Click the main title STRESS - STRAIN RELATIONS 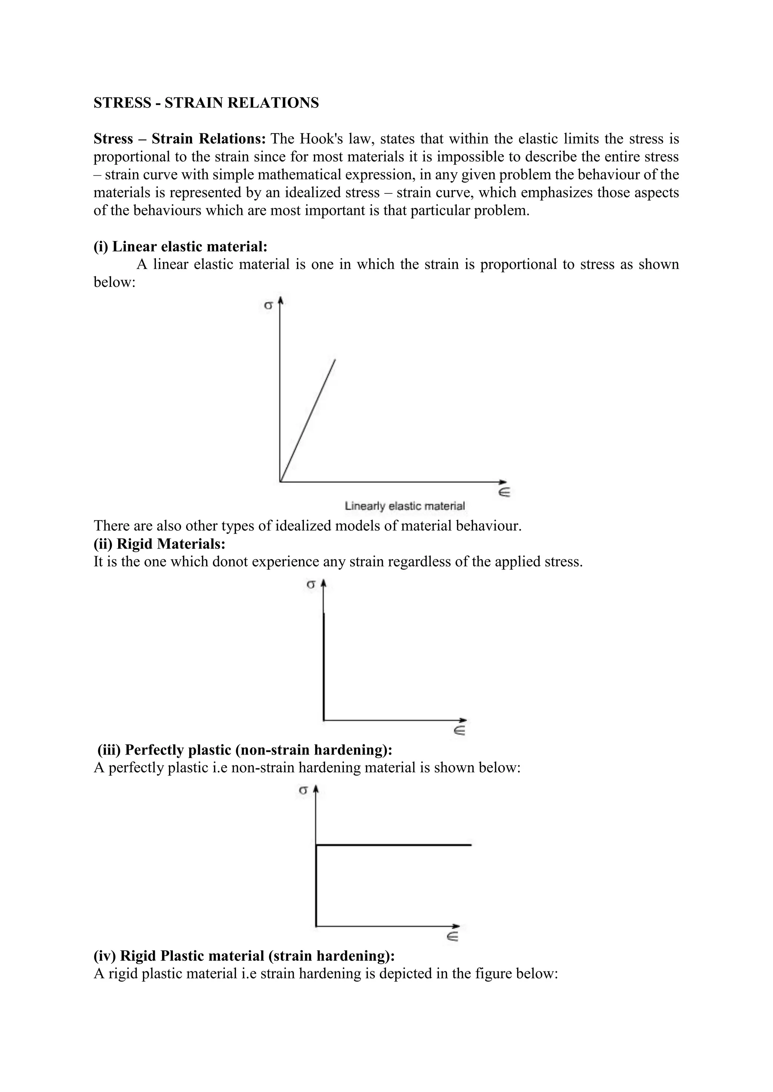click(x=206, y=103)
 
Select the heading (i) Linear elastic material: click(x=180, y=246)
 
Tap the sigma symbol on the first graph click(x=268, y=306)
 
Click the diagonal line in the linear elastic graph click(x=308, y=420)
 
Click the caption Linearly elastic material click(x=405, y=506)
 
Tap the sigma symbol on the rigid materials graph click(x=311, y=585)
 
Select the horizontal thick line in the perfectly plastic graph click(x=393, y=845)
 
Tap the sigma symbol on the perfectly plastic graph click(x=303, y=790)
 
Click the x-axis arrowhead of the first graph click(x=504, y=482)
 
